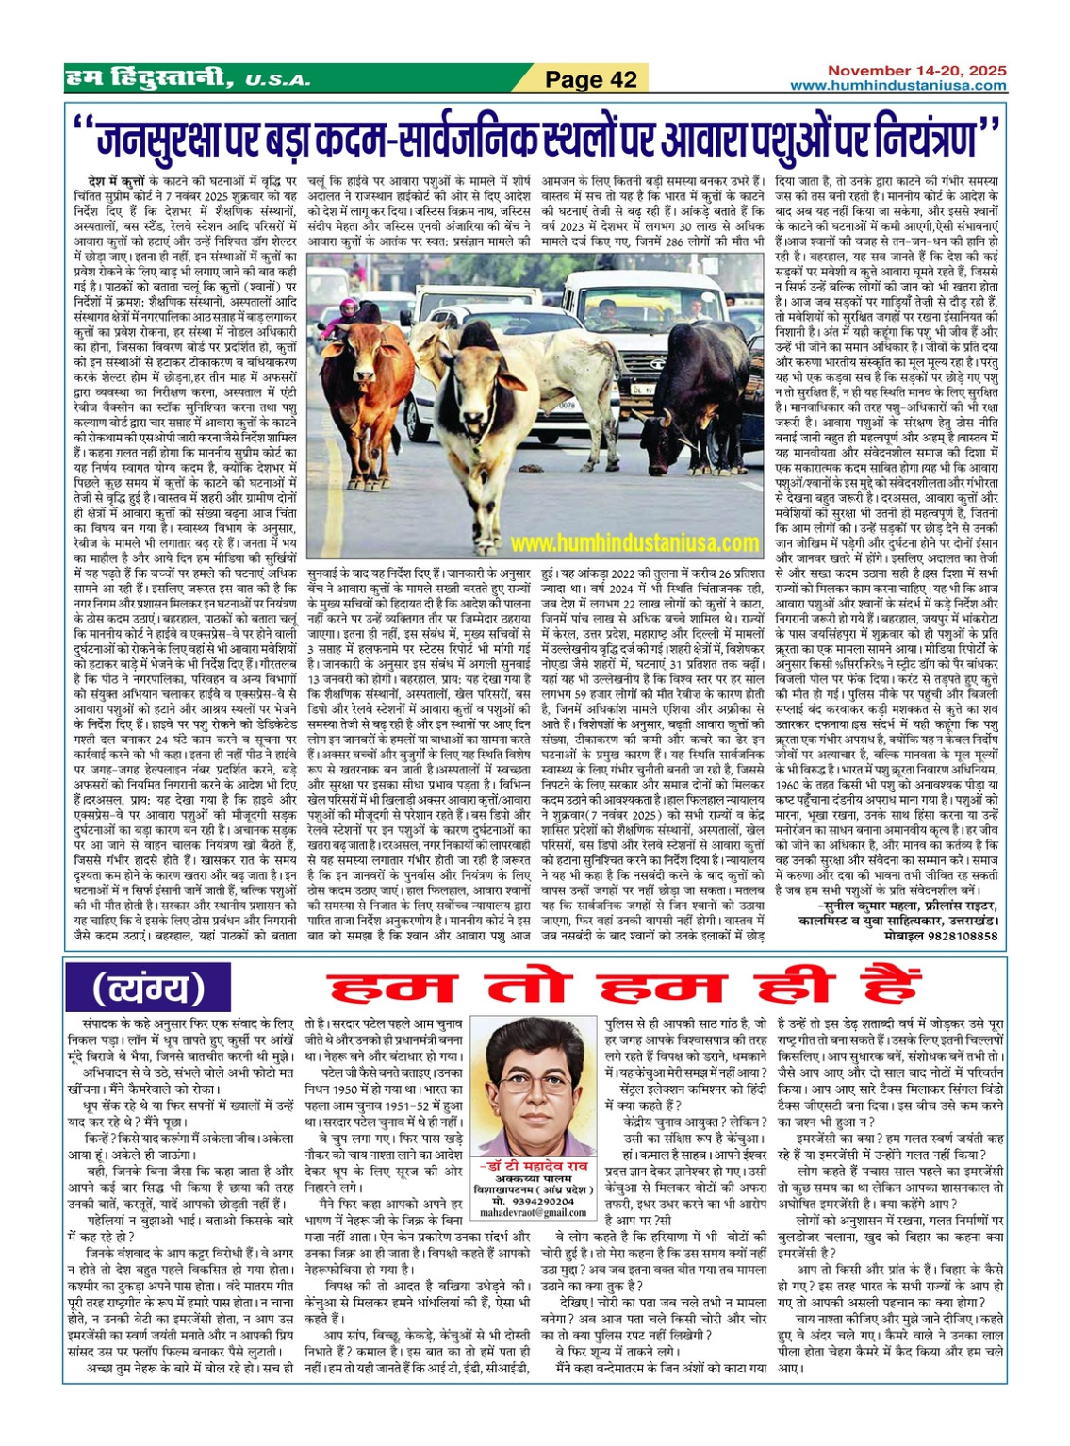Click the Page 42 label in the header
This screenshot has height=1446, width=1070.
point(591,80)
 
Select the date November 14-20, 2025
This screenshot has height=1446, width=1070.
point(916,71)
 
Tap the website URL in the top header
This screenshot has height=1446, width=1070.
point(897,86)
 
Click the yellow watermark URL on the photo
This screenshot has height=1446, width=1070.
point(634,543)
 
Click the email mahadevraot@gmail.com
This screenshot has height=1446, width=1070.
point(537,1213)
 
